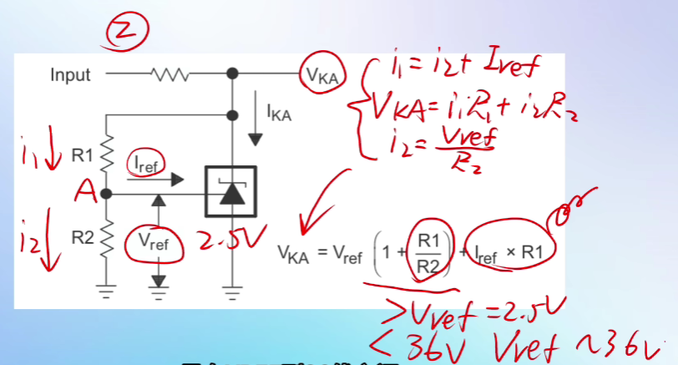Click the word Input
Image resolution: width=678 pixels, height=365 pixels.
pos(70,75)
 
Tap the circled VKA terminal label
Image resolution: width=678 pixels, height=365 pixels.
pos(321,76)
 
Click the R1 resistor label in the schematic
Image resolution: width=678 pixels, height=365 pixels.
pos(82,155)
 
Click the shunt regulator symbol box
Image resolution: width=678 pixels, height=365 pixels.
pos(230,193)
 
